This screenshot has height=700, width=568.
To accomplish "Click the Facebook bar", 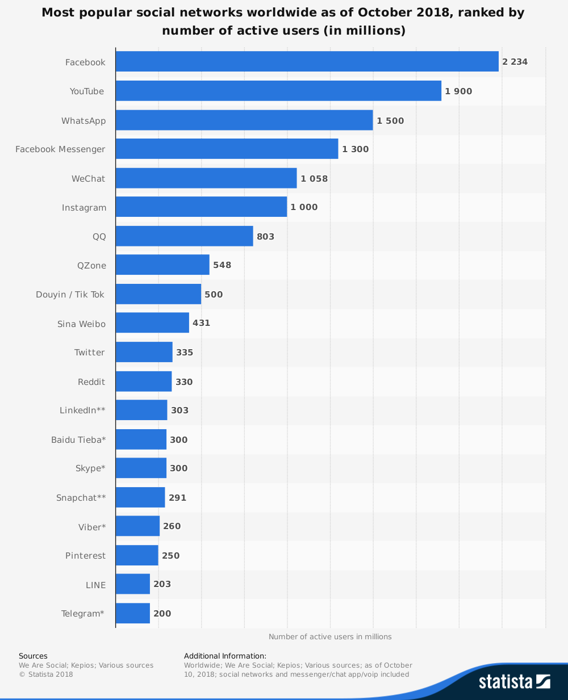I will (x=307, y=61).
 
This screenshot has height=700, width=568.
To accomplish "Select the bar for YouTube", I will (x=278, y=91).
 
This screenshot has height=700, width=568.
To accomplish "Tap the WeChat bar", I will (x=206, y=178).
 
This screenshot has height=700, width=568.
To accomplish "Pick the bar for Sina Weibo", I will (x=152, y=322).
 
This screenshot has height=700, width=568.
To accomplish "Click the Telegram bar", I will (x=133, y=613).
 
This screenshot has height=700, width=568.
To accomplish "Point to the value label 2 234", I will (x=515, y=62).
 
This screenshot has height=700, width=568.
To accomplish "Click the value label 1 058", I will (x=314, y=179).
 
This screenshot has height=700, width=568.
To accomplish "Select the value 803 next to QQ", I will (x=265, y=237).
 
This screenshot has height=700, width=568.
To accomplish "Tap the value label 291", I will (x=177, y=498).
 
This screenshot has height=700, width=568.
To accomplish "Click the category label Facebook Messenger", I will (x=60, y=149).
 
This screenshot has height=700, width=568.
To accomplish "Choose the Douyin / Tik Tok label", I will (x=70, y=295).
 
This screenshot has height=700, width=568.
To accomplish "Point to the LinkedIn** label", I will (x=82, y=410).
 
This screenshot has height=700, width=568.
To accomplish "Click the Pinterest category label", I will (x=85, y=556).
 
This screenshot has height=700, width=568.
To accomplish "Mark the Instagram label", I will (x=84, y=208).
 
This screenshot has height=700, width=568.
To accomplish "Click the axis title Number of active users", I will (x=330, y=636).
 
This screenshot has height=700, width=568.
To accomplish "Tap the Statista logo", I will (x=514, y=681).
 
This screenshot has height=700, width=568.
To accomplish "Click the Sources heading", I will (x=33, y=656).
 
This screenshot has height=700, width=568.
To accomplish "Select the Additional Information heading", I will (x=225, y=656).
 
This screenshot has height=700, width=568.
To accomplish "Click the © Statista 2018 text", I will (x=46, y=674).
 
